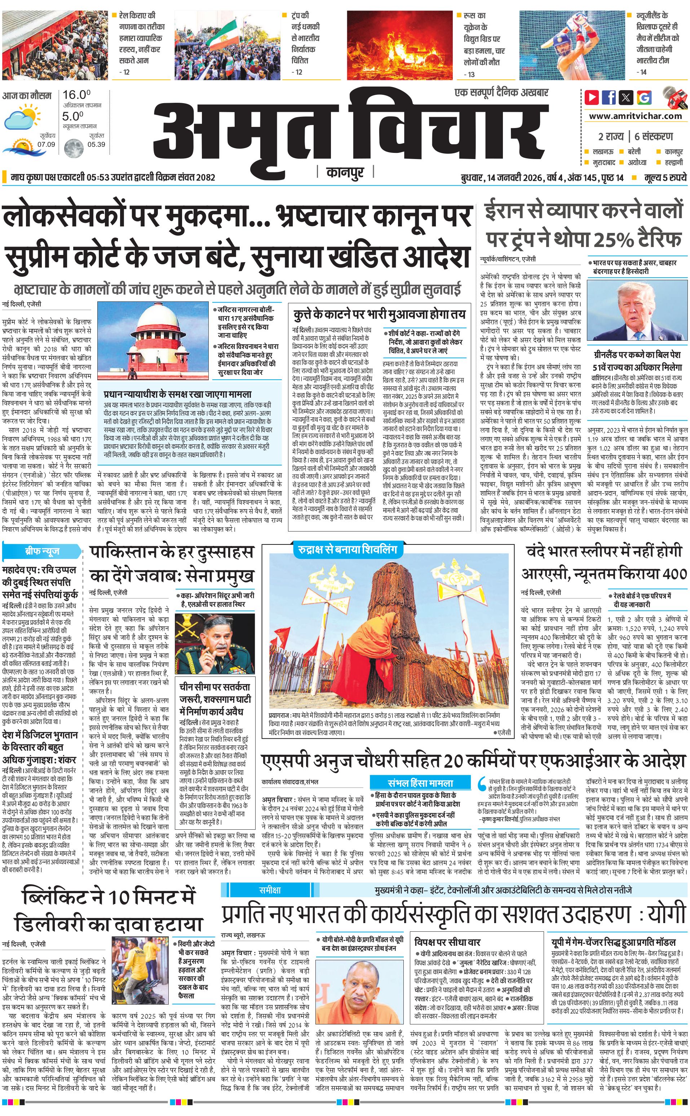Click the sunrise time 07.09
(x=46, y=144)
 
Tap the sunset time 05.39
(x=96, y=144)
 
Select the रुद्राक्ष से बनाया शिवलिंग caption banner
(x=345, y=549)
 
